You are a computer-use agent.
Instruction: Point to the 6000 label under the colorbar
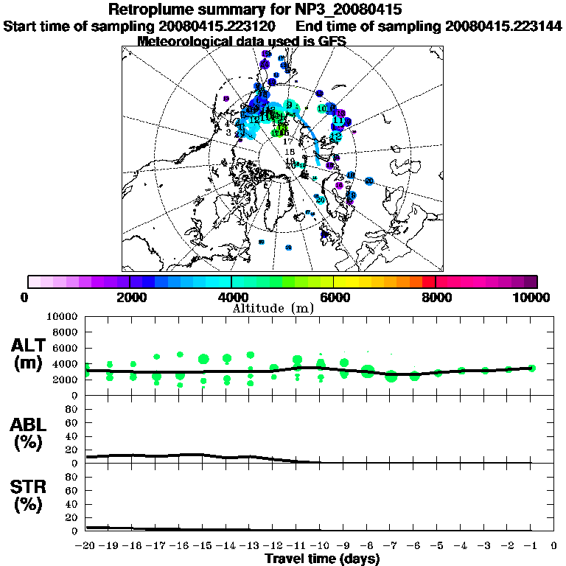coord(333,297)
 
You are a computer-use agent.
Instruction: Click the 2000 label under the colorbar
coord(130,297)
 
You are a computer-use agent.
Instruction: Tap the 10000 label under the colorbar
coord(533,297)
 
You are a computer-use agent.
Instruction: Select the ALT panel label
coord(30,354)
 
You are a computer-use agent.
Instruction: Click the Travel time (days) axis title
coord(322,559)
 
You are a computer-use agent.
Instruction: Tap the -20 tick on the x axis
coord(85,546)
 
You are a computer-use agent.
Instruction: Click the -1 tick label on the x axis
coord(531,546)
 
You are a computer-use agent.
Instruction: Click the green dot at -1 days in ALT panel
coord(531,368)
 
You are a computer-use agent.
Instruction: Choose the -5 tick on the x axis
coord(437,546)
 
